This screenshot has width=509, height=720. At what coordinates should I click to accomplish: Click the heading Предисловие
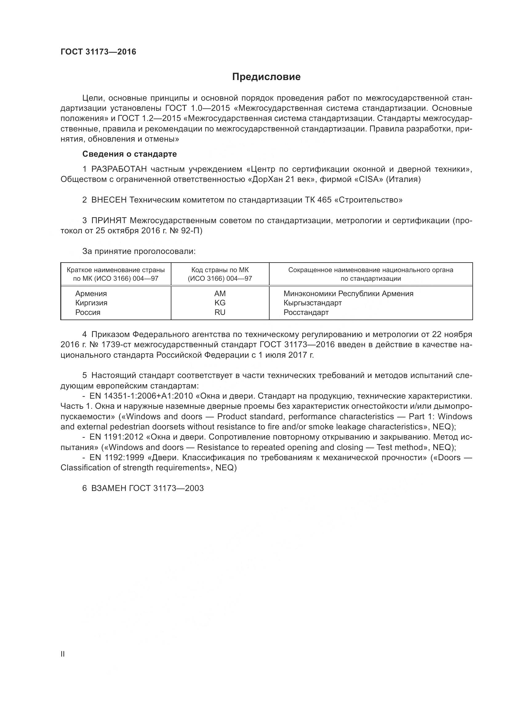266,77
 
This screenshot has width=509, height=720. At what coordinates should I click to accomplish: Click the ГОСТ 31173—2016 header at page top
98,52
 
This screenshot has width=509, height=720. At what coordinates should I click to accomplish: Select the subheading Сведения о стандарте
130,154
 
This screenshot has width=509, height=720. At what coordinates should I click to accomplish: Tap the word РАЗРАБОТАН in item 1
119,169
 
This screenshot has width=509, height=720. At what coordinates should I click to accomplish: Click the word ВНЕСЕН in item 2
108,200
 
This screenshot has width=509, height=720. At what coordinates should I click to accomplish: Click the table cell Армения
91,294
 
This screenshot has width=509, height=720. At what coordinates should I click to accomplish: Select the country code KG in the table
220,303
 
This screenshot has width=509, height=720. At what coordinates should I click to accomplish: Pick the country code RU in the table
220,312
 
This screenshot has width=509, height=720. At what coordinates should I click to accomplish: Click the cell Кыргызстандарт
312,303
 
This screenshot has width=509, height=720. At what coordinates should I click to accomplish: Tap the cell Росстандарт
306,312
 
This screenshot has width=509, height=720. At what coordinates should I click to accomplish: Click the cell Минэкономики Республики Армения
348,294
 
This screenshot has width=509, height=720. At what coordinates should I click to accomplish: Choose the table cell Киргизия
91,303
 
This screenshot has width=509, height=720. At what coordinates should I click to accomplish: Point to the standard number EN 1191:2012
117,437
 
